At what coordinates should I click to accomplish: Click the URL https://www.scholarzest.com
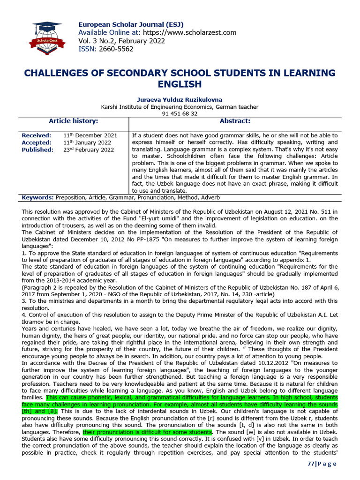pyautogui.click(x=189, y=33)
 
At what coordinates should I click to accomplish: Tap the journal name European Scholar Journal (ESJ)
pyautogui.click(x=130, y=24)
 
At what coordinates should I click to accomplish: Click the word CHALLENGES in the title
pyautogui.click(x=60, y=73)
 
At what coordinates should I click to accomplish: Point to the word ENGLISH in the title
pyautogui.click(x=180, y=84)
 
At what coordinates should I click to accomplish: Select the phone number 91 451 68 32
pyautogui.click(x=180, y=113)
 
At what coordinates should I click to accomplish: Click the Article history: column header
pyautogui.click(x=73, y=121)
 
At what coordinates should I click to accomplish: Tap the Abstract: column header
pyautogui.click(x=235, y=121)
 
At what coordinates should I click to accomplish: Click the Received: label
pyautogui.click(x=37, y=135)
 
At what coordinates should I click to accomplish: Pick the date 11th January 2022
pyautogui.click(x=87, y=142)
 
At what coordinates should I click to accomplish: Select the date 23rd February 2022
pyautogui.click(x=88, y=150)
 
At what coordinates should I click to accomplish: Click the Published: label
pyautogui.click(x=37, y=150)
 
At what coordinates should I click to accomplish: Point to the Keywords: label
pyautogui.click(x=37, y=198)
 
